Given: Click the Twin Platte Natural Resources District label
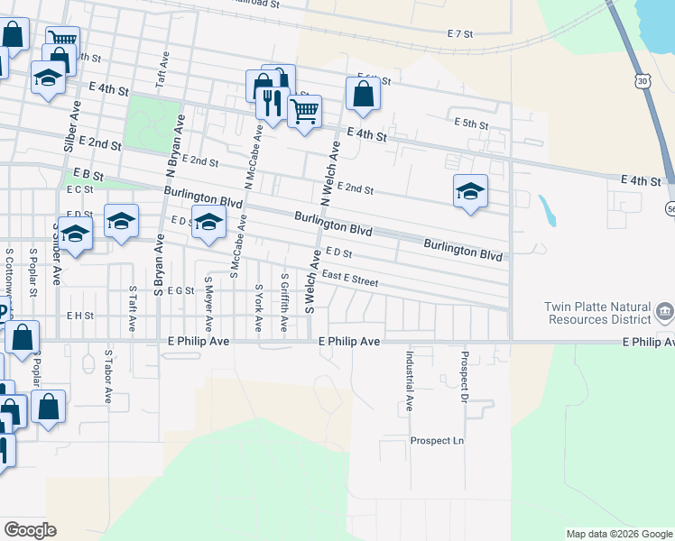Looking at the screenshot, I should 596,313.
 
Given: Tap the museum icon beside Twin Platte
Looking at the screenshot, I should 665,312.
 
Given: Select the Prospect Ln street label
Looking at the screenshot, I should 436,441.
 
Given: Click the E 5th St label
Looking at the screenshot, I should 471,123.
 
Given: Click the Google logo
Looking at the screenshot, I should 30,529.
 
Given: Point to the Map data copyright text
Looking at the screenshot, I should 619,534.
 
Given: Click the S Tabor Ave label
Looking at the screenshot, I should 107,375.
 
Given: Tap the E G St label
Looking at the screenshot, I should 180,290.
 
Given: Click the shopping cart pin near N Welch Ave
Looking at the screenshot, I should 304,112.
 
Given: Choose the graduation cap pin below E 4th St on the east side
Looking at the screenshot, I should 470,191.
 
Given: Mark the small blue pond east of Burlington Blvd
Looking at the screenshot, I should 546,211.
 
